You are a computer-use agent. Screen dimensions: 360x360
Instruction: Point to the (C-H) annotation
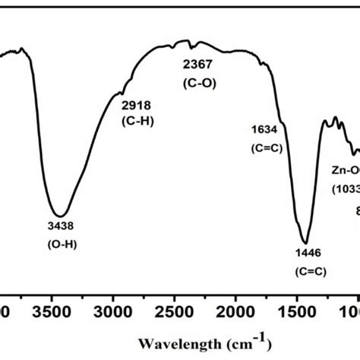pos(137,120)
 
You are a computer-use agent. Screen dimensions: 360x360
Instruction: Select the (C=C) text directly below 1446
pos(308,271)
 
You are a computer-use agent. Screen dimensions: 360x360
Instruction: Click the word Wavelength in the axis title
pos(173,341)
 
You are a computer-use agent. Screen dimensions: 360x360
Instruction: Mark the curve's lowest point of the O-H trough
pos(60,215)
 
